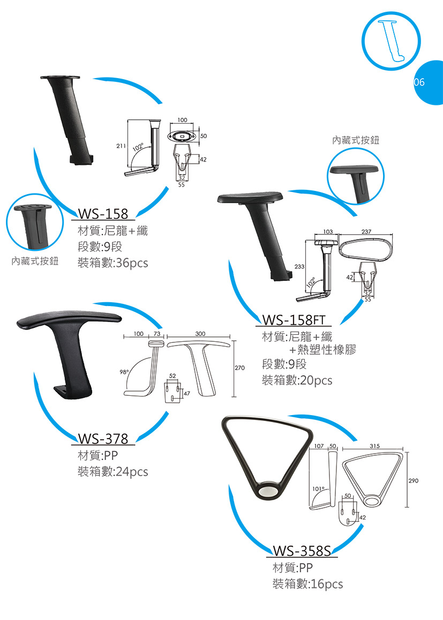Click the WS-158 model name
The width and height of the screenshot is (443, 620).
[x=103, y=214]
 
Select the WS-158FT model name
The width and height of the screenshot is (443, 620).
[x=294, y=320]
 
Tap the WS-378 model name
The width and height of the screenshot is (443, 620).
[x=103, y=439]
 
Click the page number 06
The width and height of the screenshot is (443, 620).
[x=419, y=82]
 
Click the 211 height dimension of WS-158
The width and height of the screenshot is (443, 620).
[x=121, y=146]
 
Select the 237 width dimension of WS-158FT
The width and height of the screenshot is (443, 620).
[x=366, y=232]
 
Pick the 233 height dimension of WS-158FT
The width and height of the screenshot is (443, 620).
[x=299, y=266]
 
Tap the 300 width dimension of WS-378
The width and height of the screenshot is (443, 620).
[x=200, y=334]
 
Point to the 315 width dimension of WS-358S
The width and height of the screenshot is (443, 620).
[x=374, y=446]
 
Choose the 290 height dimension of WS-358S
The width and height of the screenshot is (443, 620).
[x=414, y=481]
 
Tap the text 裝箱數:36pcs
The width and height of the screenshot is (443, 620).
[x=112, y=263]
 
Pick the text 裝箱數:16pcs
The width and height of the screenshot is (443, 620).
[x=307, y=584]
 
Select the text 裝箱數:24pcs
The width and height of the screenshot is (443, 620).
[x=112, y=472]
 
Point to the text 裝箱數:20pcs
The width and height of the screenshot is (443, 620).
[x=297, y=380]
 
